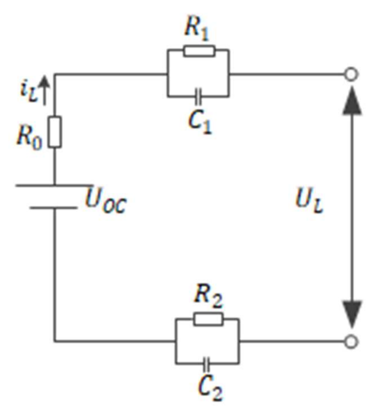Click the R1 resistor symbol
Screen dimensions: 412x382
pos(199,51)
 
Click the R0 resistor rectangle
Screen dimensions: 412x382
pos(54,132)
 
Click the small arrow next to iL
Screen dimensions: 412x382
pos(44,90)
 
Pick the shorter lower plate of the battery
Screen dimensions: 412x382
pos(54,208)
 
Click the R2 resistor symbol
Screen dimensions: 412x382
pos(208,319)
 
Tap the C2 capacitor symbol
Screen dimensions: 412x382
pos(207,363)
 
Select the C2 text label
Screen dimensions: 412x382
pos(210,388)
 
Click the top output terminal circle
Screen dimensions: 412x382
pos(351,74)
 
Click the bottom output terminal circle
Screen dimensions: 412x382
pos(351,342)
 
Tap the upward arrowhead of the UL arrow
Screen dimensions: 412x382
pos(352,102)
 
